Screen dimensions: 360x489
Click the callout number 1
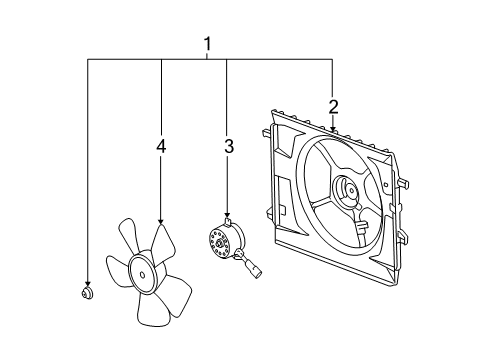[x=208, y=44]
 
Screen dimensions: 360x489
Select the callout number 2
[x=333, y=106]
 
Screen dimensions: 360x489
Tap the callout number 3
[x=228, y=147]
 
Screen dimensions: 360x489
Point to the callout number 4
[x=160, y=147]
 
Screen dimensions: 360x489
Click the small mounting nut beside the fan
[x=87, y=293]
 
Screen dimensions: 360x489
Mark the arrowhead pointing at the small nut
[x=87, y=283]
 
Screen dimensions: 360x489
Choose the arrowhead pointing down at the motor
[x=228, y=215]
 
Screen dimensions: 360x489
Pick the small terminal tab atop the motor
[x=228, y=224]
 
